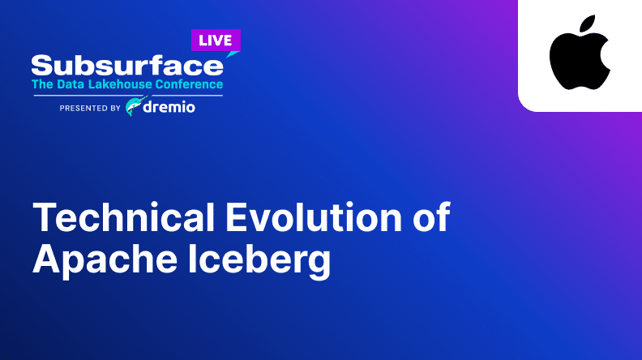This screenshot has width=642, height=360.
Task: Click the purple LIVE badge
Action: (x=216, y=41)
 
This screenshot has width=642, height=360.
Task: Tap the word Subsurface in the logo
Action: (x=127, y=66)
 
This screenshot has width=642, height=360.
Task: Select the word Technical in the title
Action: (x=124, y=216)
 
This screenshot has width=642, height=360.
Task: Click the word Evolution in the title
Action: (x=314, y=216)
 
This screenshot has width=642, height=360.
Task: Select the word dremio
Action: (x=169, y=107)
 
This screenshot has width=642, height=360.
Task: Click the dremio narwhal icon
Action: (x=135, y=106)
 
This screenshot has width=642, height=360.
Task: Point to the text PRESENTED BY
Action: (x=90, y=108)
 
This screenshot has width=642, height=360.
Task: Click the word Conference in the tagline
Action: (x=189, y=84)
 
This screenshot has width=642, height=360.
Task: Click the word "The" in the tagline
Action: (x=43, y=84)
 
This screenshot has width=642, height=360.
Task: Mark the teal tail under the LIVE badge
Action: (x=232, y=54)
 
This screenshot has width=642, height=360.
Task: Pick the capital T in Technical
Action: (x=45, y=216)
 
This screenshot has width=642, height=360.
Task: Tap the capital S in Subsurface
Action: (x=42, y=66)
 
